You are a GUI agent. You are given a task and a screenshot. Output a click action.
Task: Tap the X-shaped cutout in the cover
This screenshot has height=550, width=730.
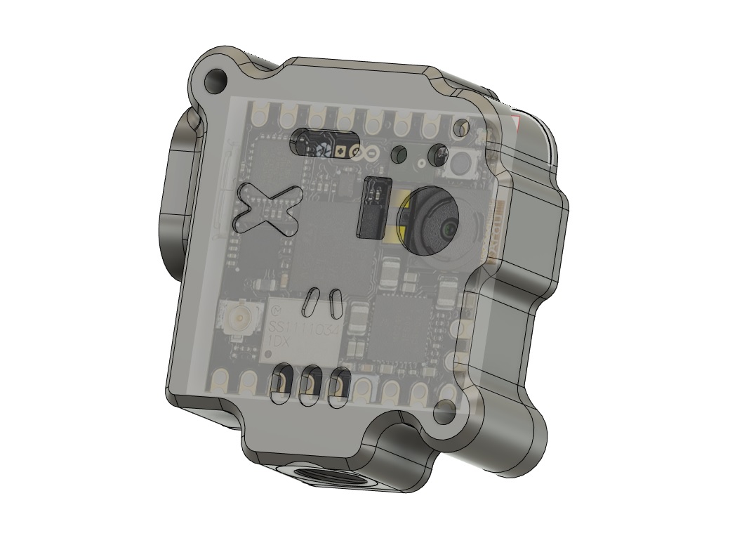tap(267, 209)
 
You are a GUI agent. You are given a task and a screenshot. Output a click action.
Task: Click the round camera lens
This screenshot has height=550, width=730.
tap(430, 221)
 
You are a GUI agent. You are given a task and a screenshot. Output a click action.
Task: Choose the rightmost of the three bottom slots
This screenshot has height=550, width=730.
tap(339, 387)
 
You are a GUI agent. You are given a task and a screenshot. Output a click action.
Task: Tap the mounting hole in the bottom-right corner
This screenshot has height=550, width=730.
tap(445, 412)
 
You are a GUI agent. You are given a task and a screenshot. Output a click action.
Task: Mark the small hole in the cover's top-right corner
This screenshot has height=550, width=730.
tap(461, 127)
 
